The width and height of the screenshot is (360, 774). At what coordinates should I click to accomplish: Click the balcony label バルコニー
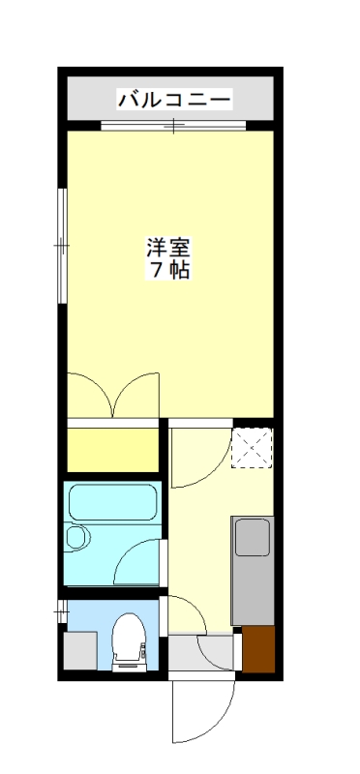174,99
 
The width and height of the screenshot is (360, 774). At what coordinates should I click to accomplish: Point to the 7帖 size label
167,271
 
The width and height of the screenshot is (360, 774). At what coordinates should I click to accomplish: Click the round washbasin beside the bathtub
77,538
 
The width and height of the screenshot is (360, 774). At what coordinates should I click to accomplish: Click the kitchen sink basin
253,537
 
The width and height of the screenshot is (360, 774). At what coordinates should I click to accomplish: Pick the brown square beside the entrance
257,649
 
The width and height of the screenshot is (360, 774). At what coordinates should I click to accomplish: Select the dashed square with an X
253,446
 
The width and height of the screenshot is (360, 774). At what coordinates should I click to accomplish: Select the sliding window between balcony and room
173,125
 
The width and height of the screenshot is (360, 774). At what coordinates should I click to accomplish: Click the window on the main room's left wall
61,246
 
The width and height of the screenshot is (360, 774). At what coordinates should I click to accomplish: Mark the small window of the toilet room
62,611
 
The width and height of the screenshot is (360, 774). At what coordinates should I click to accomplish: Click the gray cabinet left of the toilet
81,650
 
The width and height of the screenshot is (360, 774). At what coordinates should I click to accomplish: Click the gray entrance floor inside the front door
202,650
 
